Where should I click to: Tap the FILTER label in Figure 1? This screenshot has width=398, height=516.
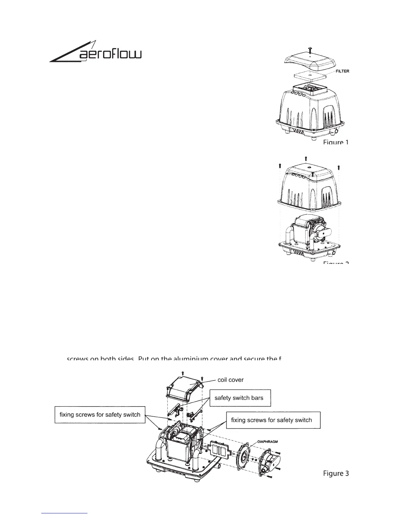click(x=342, y=71)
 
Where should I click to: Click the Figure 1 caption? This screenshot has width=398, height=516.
click(x=336, y=142)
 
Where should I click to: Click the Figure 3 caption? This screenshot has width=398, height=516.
click(x=336, y=473)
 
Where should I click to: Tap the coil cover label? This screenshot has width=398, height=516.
click(x=230, y=380)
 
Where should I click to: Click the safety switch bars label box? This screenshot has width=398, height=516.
click(x=240, y=398)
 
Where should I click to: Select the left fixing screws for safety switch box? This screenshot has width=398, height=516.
click(x=100, y=415)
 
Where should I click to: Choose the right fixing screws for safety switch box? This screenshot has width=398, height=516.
click(x=272, y=420)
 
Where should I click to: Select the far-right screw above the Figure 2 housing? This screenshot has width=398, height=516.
click(x=339, y=167)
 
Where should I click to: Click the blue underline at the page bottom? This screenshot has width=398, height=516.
click(x=65, y=513)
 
